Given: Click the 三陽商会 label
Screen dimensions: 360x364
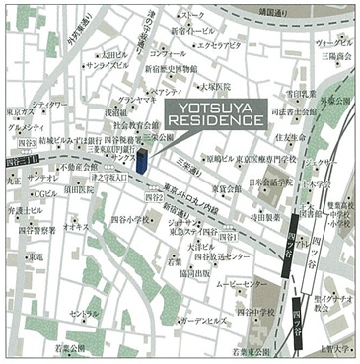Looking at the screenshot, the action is tap(336, 57).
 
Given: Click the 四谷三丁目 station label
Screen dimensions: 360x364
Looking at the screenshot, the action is tap(21, 159).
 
